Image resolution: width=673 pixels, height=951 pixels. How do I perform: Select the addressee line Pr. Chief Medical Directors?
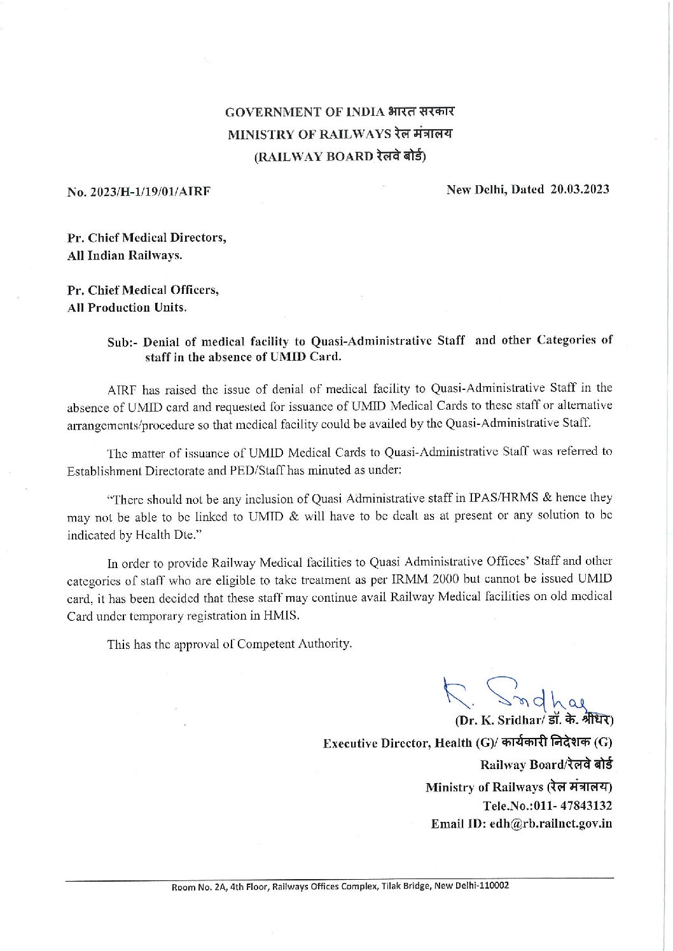point(147,238)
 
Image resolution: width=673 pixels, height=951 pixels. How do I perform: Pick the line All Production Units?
point(127,308)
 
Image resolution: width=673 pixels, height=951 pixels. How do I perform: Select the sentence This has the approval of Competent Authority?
point(229,644)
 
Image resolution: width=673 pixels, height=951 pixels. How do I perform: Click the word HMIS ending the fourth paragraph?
point(286,616)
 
